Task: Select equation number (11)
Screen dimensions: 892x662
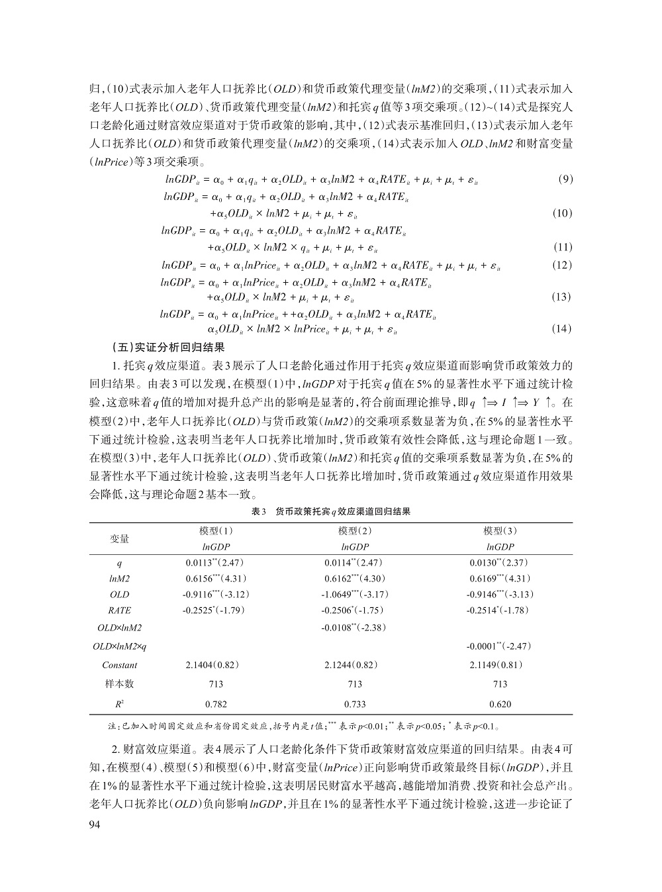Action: [561, 248]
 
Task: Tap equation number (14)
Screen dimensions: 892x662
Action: [561, 329]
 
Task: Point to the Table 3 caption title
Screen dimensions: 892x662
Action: [330, 511]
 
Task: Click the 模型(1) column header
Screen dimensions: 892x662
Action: [216, 530]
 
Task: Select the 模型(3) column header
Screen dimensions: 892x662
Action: [500, 530]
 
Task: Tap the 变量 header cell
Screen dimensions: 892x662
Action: [120, 538]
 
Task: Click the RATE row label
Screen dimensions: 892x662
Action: [120, 611]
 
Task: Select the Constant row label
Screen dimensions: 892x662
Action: [120, 665]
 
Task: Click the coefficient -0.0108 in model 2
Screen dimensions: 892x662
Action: [354, 627]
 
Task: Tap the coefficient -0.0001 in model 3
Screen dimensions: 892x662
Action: [499, 646]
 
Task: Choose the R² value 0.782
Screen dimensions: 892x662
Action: [216, 704]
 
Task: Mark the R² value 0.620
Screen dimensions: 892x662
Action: [500, 704]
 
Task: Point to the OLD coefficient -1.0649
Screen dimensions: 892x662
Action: [354, 594]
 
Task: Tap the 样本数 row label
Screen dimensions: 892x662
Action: [120, 684]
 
